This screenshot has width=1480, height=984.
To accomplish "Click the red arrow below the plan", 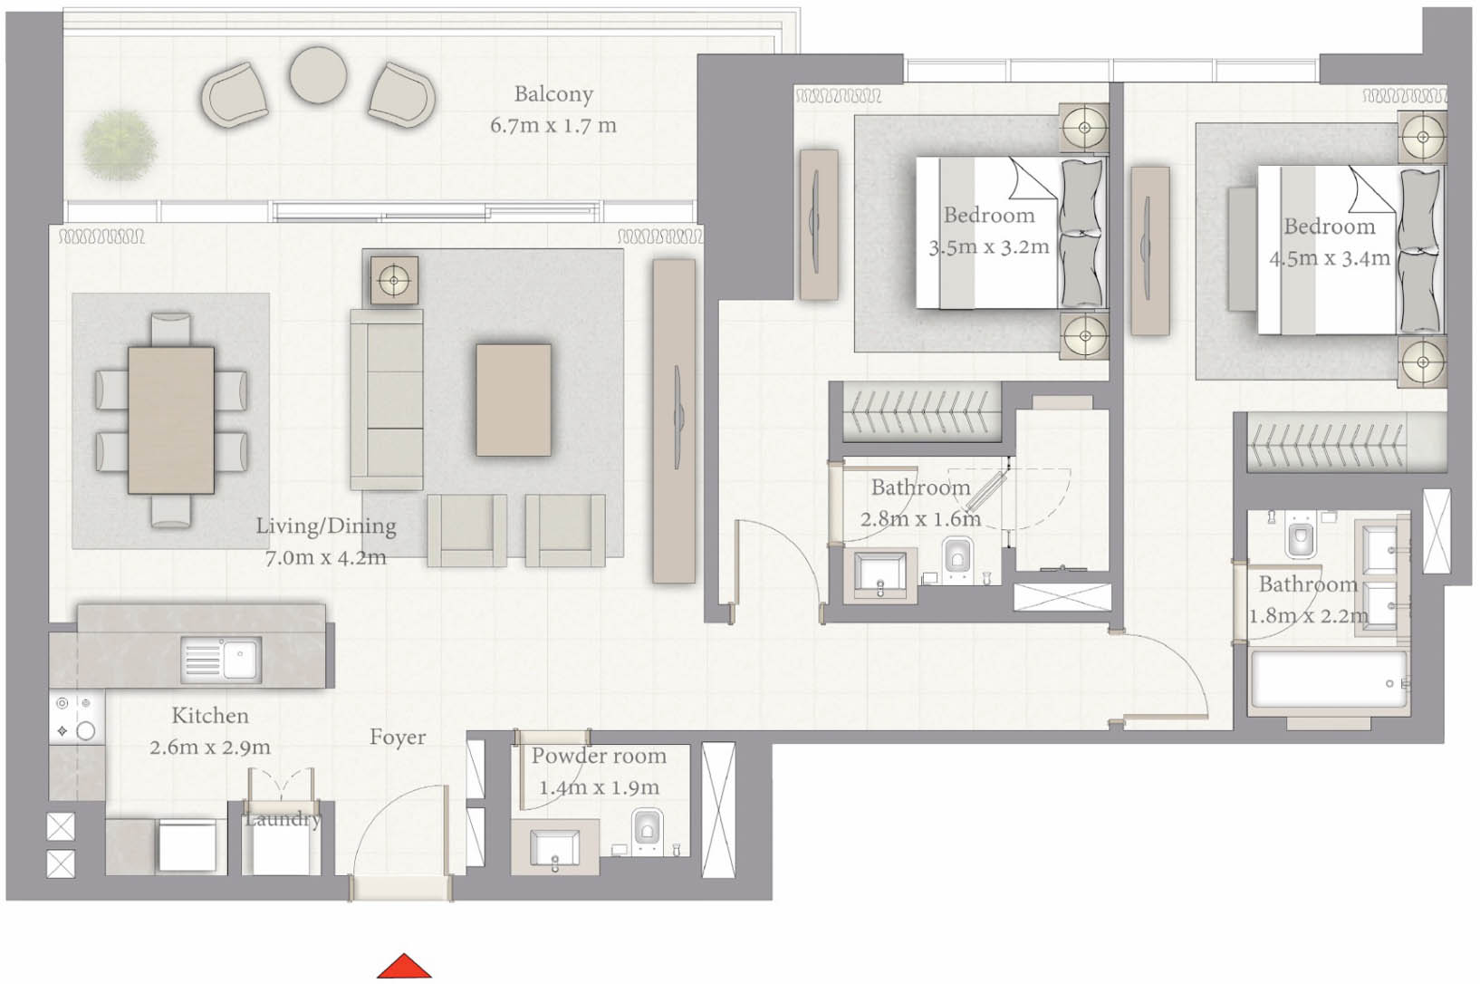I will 404,967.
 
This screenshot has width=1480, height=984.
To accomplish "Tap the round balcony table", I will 318,75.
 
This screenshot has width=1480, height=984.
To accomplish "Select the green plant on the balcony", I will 118,144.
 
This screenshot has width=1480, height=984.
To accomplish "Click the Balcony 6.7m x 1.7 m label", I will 553,110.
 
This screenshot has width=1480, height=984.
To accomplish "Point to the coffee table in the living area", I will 514,399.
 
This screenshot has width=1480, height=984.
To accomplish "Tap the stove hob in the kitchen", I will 76,718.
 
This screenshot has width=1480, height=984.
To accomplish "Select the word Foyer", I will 397,738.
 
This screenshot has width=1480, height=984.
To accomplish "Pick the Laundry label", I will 283,819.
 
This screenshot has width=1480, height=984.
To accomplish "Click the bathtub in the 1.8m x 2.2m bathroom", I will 1329,683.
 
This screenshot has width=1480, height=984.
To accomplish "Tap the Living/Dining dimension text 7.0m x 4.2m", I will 325,557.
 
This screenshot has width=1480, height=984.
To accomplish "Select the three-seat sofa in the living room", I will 387,399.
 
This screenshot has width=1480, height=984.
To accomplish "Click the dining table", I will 171,420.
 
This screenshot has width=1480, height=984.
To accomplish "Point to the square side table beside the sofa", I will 394,280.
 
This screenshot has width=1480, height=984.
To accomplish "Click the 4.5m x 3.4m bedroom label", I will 1329,242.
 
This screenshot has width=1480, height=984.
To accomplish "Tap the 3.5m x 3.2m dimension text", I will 988,246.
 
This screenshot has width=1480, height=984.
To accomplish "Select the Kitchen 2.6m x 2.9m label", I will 210,731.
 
